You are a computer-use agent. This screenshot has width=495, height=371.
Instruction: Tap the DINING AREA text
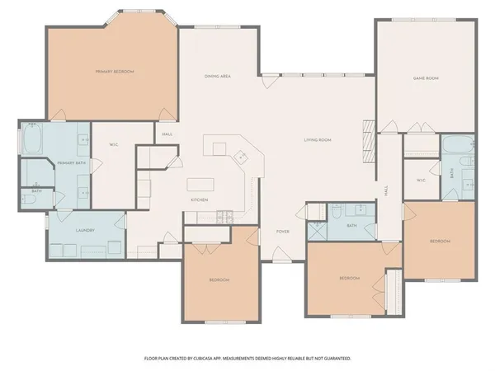click(x=217, y=77)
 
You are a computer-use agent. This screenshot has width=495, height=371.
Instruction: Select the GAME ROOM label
click(x=425, y=77)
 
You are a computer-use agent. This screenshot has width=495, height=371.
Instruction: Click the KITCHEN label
click(x=200, y=200)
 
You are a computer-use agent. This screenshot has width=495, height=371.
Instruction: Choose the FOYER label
click(x=282, y=232)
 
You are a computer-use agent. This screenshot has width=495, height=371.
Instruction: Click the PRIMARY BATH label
click(x=71, y=163)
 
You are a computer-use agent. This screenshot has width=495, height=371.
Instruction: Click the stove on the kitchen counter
click(x=224, y=217)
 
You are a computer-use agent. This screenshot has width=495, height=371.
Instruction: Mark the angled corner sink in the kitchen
click(x=240, y=155)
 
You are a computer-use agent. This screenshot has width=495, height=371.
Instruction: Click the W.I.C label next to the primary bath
click(x=114, y=146)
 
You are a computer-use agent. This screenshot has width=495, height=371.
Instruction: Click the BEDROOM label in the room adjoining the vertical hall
click(x=439, y=241)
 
